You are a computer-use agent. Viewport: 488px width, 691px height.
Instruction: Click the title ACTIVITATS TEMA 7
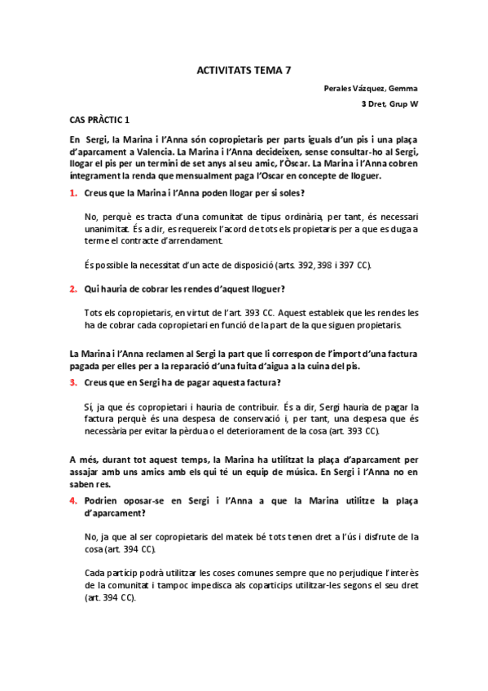point(244,71)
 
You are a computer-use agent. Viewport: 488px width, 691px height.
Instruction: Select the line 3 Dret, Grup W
point(389,104)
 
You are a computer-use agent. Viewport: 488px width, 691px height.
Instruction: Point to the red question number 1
point(73,193)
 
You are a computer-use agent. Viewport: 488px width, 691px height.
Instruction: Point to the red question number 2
point(73,288)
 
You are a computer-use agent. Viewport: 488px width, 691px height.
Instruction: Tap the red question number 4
point(73,500)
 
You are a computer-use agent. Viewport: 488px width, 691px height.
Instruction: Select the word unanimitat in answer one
point(108,230)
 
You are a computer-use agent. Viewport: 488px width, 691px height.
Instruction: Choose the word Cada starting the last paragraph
point(95,573)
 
